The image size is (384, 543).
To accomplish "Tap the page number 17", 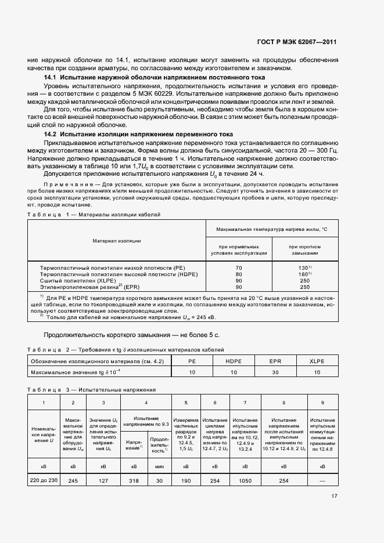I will point(334,496).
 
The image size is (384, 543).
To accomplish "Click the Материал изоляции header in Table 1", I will point(117,241).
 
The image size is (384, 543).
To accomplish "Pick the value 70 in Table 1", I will point(238,268).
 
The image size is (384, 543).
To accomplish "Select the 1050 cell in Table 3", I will point(245,480).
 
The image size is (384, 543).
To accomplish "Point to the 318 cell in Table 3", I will point(134,480).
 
